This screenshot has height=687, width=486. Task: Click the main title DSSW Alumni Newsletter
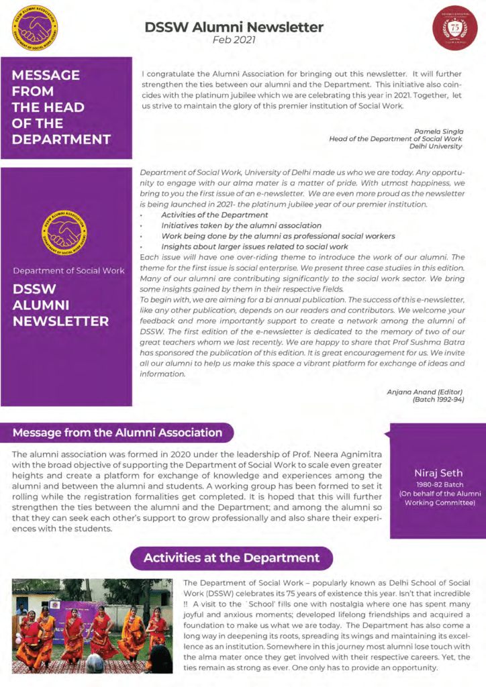(x=234, y=28)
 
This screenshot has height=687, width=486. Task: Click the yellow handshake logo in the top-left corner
(x=36, y=26)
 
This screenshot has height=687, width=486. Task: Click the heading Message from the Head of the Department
(x=61, y=107)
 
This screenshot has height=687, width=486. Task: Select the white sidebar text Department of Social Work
(x=69, y=271)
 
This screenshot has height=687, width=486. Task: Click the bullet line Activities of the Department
(x=214, y=215)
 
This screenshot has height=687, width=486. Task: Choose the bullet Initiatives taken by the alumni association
(x=241, y=226)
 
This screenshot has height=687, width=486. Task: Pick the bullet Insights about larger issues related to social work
(x=254, y=247)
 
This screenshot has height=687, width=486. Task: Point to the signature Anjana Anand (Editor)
(x=425, y=391)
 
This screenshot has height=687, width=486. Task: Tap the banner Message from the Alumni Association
(x=117, y=433)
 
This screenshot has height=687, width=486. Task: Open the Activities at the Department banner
(x=232, y=558)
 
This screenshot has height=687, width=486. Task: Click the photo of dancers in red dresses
(x=92, y=625)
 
